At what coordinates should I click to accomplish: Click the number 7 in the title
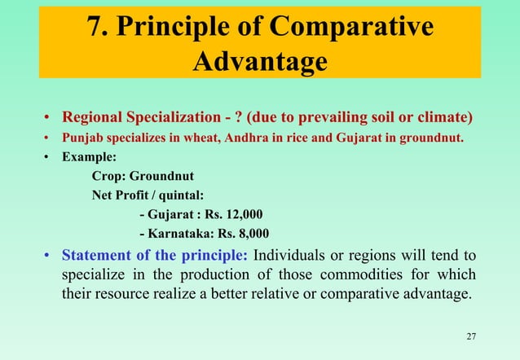pos(98,26)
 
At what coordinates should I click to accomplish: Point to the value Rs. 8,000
pos(240,235)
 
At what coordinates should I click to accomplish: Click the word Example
pos(86,156)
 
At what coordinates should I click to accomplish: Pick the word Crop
pos(106,175)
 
